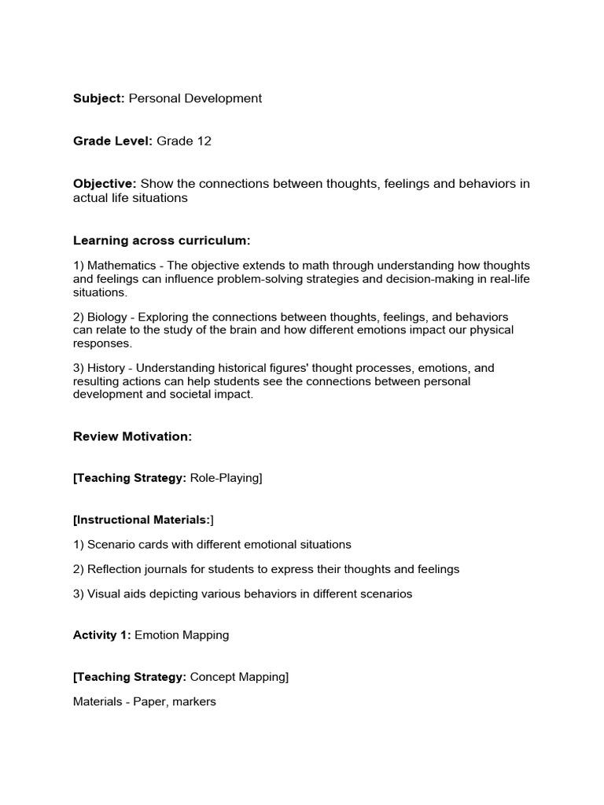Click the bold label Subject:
click(x=99, y=98)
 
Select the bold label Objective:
click(x=105, y=184)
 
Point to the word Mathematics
click(x=120, y=265)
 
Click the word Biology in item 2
click(x=107, y=317)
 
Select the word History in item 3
click(x=106, y=368)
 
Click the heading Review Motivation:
click(x=132, y=436)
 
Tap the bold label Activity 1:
click(x=101, y=635)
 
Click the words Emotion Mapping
click(x=182, y=635)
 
